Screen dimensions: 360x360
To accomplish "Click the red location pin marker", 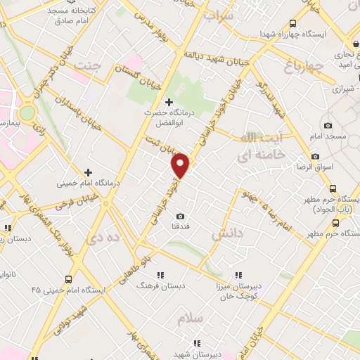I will click(x=181, y=165).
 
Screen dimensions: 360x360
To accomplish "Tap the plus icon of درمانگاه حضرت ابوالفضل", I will click(x=169, y=102).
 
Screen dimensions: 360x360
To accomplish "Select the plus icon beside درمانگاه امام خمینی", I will click(x=88, y=172).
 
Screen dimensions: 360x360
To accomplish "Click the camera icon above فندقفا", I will click(x=181, y=216).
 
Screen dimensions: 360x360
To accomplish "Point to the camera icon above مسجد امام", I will click(x=328, y=124).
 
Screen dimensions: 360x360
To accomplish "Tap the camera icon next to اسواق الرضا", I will click(x=315, y=156).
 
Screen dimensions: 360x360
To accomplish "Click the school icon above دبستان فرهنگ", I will click(x=160, y=275).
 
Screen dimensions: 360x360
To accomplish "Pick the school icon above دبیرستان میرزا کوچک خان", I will click(x=238, y=275).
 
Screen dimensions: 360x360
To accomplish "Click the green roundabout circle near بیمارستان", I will click(x=27, y=112).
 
